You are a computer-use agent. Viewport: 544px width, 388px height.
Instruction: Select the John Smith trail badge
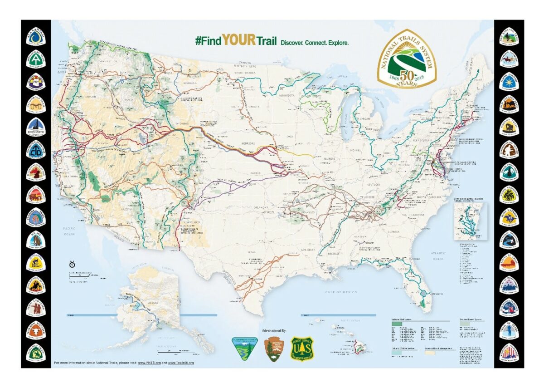pyautogui.click(x=36, y=127)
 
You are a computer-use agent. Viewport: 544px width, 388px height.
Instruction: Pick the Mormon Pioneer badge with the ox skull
pyautogui.click(x=36, y=330)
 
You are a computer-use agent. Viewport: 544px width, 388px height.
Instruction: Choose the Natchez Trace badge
pyautogui.click(x=36, y=352)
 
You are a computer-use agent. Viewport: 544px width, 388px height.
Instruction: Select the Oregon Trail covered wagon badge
pyautogui.click(x=509, y=127)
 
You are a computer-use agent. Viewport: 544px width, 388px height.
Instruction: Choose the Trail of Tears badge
pyautogui.click(x=509, y=330)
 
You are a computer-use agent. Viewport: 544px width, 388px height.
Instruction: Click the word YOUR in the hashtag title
pyautogui.click(x=239, y=41)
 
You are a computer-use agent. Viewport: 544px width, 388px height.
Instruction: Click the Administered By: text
pyautogui.click(x=275, y=331)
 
